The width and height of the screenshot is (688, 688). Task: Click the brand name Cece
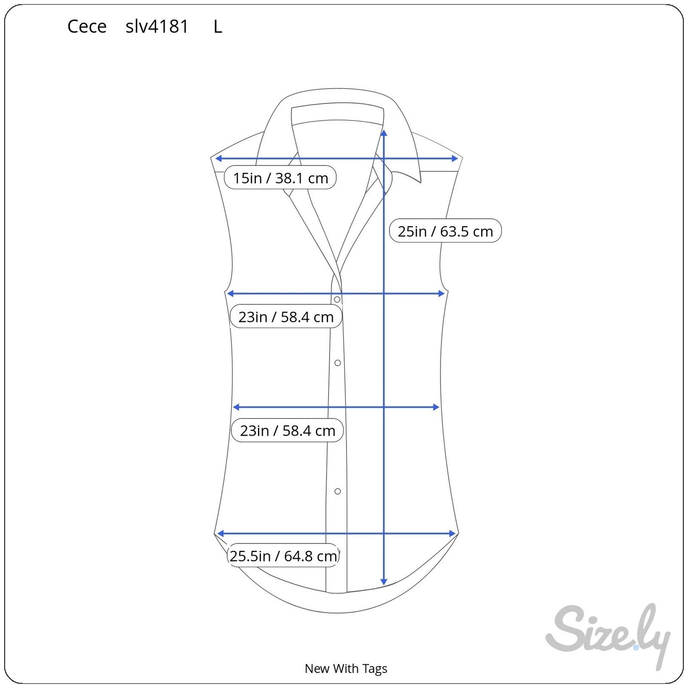(87, 27)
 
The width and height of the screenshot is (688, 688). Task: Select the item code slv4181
(157, 27)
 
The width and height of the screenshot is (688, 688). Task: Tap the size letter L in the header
(218, 27)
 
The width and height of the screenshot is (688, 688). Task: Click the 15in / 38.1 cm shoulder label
(280, 178)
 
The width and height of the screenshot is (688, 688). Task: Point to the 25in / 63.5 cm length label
(445, 231)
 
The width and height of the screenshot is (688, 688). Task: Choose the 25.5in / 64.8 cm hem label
(283, 556)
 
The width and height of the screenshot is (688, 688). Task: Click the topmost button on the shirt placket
(337, 299)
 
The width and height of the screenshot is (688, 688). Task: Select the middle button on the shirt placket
(338, 363)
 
